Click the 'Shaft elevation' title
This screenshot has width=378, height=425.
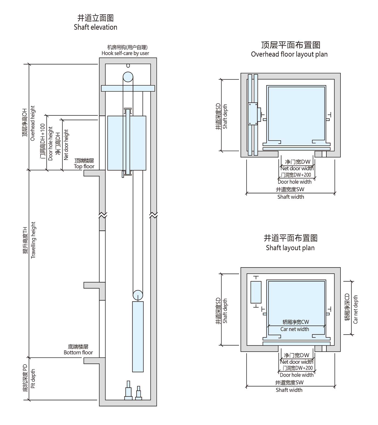click(x=95, y=27)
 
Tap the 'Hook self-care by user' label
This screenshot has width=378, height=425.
click(x=125, y=53)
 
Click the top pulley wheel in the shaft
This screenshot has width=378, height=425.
click(x=128, y=77)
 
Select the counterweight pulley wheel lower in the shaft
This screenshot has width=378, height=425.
click(x=138, y=295)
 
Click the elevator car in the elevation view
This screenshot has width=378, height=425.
click(x=127, y=143)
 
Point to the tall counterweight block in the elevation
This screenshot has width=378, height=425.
click(x=138, y=336)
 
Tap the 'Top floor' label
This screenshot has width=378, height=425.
click(x=84, y=166)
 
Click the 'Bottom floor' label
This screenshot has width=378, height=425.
click(x=78, y=352)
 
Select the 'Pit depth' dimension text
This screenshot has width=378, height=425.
click(x=33, y=378)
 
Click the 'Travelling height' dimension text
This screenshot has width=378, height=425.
click(x=33, y=240)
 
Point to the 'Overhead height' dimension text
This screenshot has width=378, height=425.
click(x=33, y=123)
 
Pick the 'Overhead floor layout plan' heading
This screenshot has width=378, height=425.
click(x=289, y=54)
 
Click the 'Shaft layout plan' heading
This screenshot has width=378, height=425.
click(x=290, y=248)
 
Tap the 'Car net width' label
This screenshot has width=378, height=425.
click(x=295, y=329)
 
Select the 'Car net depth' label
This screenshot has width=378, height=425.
click(x=355, y=309)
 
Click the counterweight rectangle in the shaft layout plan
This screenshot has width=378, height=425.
click(x=256, y=292)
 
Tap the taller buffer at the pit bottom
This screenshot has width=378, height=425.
click(x=128, y=390)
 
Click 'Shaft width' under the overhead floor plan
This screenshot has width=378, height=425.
click(x=291, y=197)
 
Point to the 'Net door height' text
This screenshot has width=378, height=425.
click(x=66, y=145)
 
